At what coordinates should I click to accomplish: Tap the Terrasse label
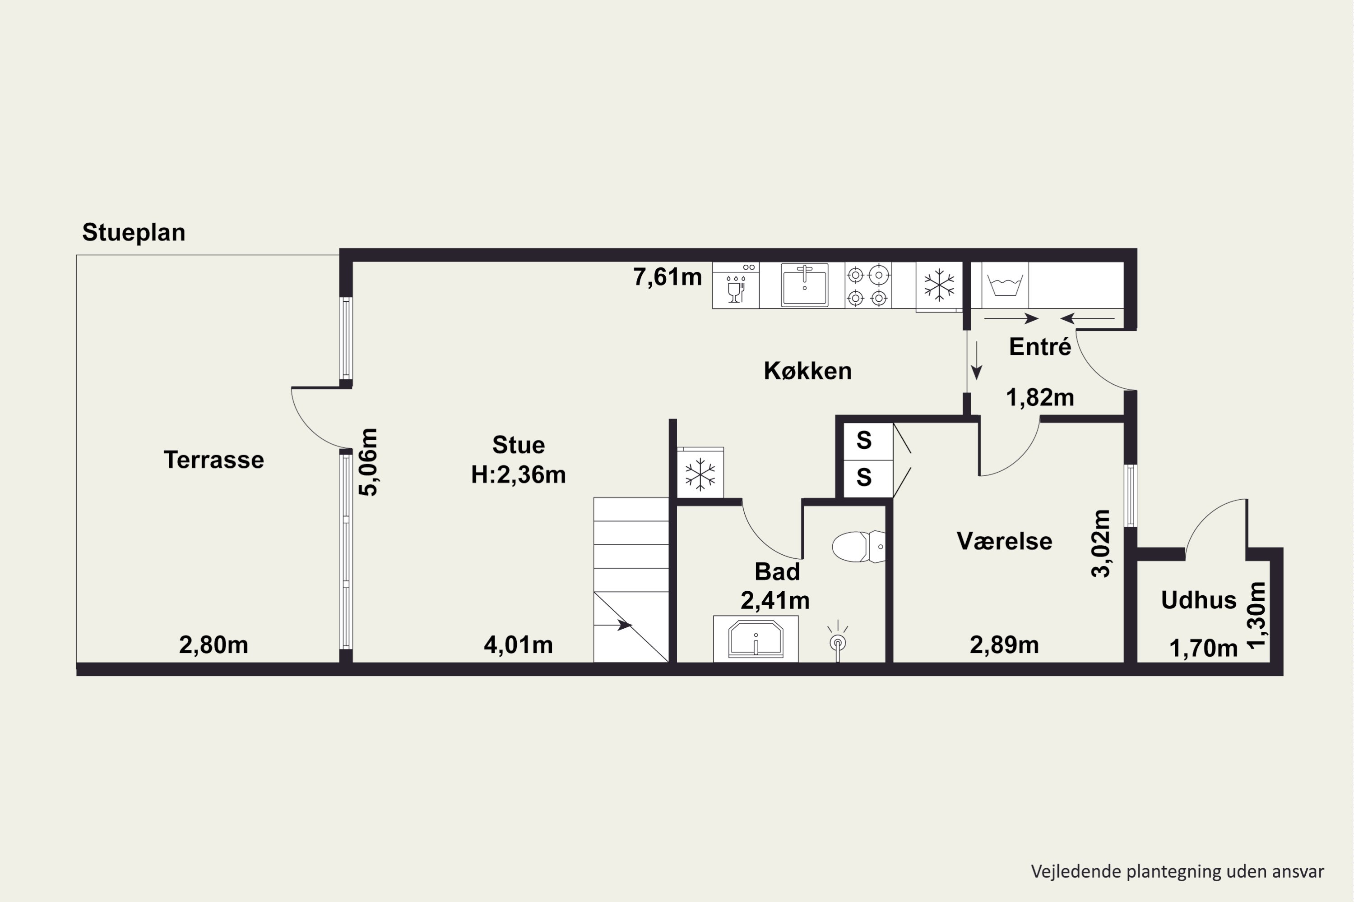point(213,460)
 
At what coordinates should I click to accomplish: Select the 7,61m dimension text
point(667,277)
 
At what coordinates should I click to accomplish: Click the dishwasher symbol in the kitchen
point(736,285)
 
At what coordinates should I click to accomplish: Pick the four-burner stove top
point(867,285)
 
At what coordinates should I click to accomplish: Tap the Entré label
point(1040,347)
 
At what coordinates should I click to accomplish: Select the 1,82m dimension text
point(1040,397)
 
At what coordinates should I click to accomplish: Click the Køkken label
point(808,371)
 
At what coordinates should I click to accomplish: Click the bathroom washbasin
point(756,639)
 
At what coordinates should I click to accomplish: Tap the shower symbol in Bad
point(838,641)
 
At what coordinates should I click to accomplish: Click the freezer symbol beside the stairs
point(700,474)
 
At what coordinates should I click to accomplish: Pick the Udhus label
point(1199,600)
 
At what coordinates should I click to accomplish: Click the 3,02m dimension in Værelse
point(1101,543)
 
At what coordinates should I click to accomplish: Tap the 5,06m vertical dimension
point(368,462)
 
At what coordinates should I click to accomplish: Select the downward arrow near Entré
point(976,361)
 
